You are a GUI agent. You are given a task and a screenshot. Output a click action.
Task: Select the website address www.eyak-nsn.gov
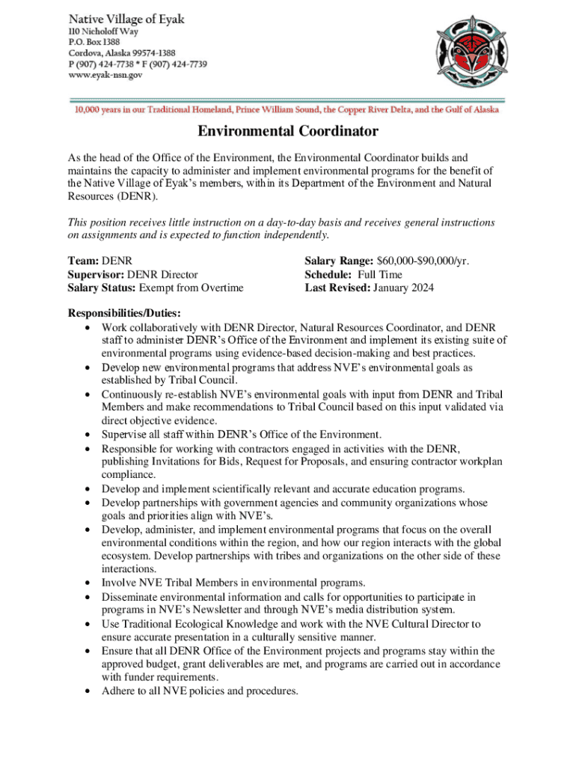pyautogui.click(x=105, y=74)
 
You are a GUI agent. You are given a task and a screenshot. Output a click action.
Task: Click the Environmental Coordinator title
pyautogui.click(x=287, y=133)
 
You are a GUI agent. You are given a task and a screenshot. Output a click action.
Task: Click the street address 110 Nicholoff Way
pyautogui.click(x=104, y=31)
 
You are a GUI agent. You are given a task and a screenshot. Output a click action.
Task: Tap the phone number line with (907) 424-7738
pyautogui.click(x=138, y=64)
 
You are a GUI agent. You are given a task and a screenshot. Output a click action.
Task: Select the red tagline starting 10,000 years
pyautogui.click(x=287, y=110)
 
